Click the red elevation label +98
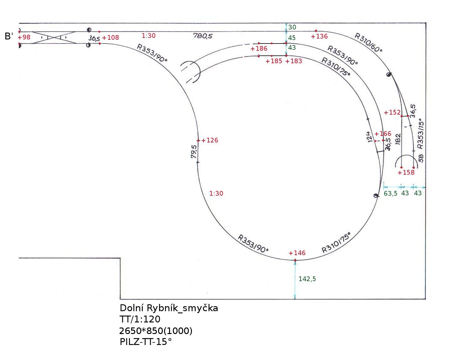(x=24, y=37)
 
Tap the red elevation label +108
(x=111, y=38)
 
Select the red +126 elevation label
(x=210, y=140)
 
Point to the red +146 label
(x=297, y=253)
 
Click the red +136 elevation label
(x=319, y=36)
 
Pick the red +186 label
(x=259, y=49)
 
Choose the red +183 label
(x=294, y=61)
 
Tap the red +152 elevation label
(x=392, y=112)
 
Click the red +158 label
(x=406, y=172)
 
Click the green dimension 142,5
(x=307, y=279)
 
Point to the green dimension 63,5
(x=390, y=193)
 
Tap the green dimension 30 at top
(x=292, y=27)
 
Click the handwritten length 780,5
(x=203, y=36)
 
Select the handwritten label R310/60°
(x=369, y=42)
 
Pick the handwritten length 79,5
(x=194, y=151)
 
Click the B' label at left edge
(x=9, y=37)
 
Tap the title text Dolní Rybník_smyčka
(x=169, y=308)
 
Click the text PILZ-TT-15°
(x=146, y=342)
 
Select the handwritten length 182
(x=398, y=138)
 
